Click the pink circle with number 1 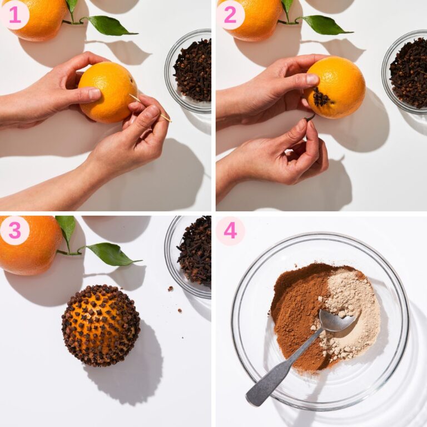15,15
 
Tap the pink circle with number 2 230,15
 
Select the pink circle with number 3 15,230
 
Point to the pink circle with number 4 230,230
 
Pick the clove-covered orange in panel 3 101,325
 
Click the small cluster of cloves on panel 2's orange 321,99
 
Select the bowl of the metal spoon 336,321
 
